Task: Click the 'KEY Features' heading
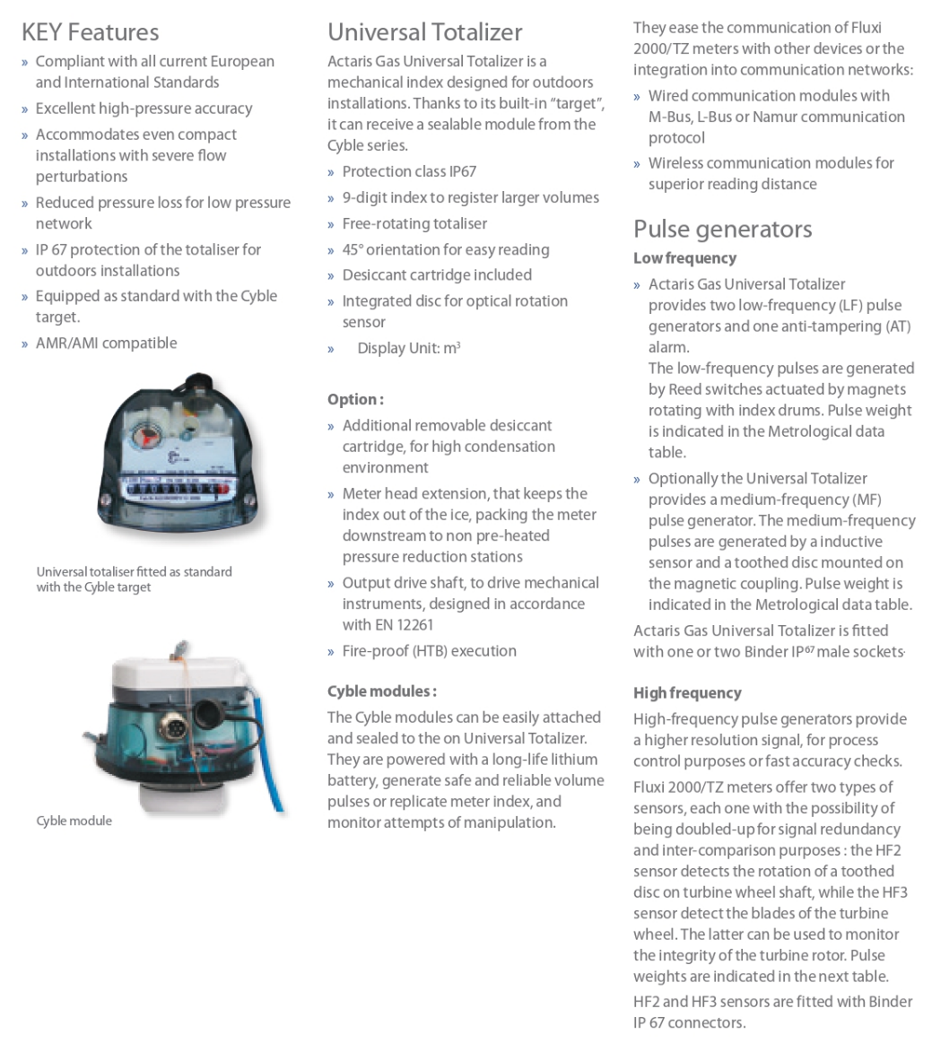pos(90,32)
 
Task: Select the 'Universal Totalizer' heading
pos(424,32)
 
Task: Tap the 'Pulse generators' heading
pos(722,229)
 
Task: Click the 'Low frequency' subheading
pos(684,258)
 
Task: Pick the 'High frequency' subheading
pos(687,693)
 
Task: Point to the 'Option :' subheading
pos(355,400)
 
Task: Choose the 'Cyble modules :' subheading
pos(381,691)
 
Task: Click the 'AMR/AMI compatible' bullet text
pos(106,343)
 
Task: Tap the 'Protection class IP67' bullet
pos(409,171)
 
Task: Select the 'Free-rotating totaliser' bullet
pos(414,223)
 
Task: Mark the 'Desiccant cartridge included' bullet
pos(437,275)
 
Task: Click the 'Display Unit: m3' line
pos(408,348)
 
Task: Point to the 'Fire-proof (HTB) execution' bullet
pos(429,651)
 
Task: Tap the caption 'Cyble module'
pos(74,821)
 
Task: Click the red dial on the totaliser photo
pos(146,437)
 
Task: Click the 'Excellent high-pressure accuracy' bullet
pos(144,109)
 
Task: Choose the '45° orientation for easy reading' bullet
pos(445,250)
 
